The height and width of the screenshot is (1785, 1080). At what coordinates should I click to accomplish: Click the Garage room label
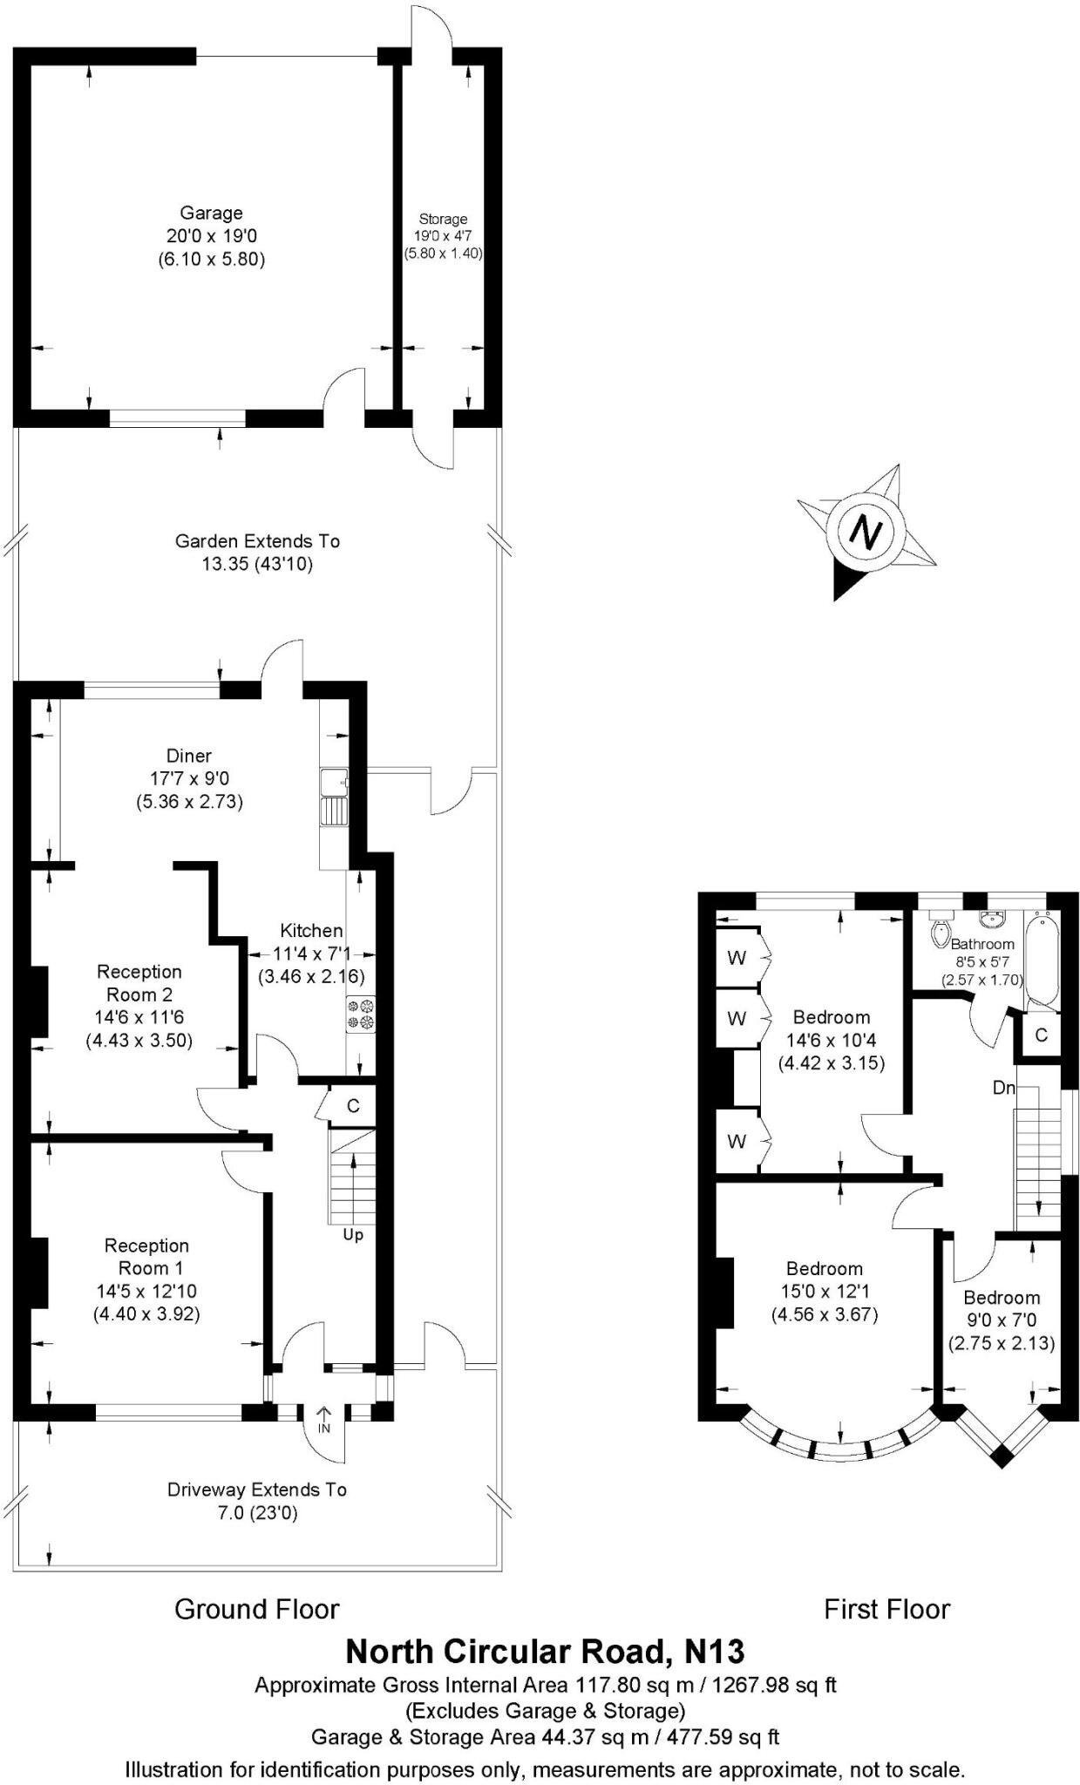click(211, 213)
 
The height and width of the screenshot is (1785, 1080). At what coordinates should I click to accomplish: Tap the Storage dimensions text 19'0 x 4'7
click(443, 236)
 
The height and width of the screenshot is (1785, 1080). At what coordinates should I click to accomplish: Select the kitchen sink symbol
click(334, 797)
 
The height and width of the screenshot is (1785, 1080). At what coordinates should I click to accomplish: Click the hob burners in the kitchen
click(360, 1013)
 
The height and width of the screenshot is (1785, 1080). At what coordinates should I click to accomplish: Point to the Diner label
click(189, 756)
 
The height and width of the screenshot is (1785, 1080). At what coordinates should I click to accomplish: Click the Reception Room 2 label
click(139, 983)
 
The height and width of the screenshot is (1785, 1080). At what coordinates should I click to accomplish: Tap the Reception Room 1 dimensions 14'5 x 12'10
click(146, 1291)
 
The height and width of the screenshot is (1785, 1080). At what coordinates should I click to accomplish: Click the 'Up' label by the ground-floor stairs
click(353, 1235)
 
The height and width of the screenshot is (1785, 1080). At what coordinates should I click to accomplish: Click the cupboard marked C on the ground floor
click(353, 1106)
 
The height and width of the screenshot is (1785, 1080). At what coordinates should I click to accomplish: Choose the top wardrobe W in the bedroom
click(737, 958)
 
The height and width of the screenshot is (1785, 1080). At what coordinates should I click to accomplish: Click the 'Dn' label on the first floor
click(1004, 1089)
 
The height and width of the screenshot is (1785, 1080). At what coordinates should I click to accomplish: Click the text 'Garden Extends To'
click(257, 541)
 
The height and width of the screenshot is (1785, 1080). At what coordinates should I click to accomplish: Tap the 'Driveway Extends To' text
click(257, 1490)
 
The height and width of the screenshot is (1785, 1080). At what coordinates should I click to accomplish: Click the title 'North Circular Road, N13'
click(545, 1651)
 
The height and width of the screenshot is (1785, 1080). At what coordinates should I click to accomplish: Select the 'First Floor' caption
click(886, 1608)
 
